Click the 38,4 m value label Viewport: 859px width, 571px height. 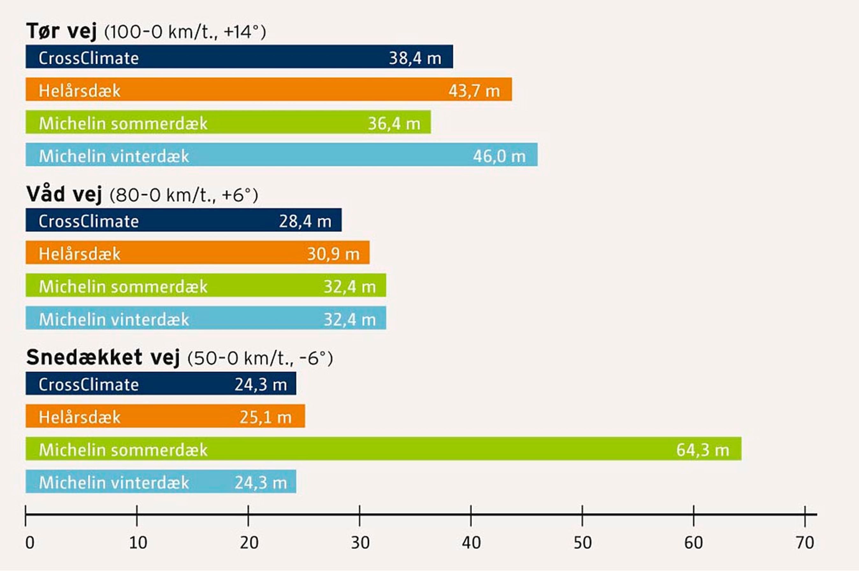pos(415,58)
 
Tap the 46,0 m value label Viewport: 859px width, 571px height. pos(499,156)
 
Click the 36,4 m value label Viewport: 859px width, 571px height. pos(394,123)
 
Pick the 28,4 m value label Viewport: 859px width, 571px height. pos(305,221)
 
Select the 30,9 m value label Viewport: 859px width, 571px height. pos(333,254)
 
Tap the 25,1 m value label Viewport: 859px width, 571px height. pos(265,417)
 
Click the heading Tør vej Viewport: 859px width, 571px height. pos(61,31)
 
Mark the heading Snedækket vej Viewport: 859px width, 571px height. pos(103,357)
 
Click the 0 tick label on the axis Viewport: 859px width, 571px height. pos(30,543)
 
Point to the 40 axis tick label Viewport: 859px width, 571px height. pos(471,543)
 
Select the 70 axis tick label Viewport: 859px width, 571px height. pos(805,543)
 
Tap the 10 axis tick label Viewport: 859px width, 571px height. pos(138,543)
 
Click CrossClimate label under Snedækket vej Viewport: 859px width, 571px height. pos(89,385)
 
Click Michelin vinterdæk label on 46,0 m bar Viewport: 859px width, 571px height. pos(114,156)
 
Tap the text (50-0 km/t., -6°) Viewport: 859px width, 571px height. pos(260,358)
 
